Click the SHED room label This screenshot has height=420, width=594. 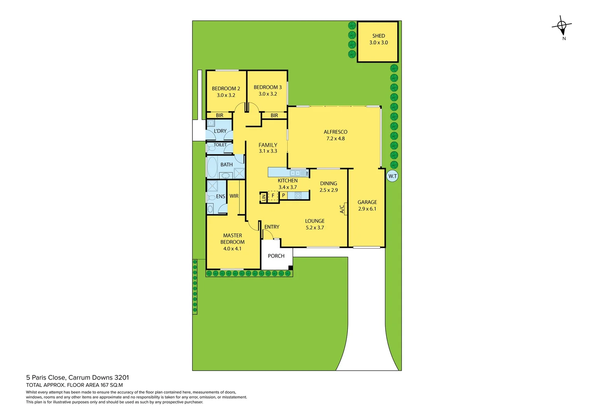(x=378, y=36)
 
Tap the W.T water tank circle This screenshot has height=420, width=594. (x=393, y=176)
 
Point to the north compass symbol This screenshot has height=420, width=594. (x=562, y=26)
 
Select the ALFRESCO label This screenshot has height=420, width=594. (x=335, y=132)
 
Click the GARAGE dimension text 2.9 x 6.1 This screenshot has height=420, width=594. (x=367, y=209)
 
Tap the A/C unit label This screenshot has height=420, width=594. (x=342, y=209)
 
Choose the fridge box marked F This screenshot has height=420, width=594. (x=273, y=196)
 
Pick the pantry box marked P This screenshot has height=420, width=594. (x=283, y=196)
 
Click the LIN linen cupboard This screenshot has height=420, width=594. (x=264, y=197)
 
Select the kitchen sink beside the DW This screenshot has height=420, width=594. (x=297, y=173)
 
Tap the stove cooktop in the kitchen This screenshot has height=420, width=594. (x=298, y=196)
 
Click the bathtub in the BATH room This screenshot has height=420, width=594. (x=212, y=168)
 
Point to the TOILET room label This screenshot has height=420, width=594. (x=220, y=145)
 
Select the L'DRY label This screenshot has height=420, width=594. (x=220, y=131)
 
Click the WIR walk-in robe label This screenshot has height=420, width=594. (x=234, y=196)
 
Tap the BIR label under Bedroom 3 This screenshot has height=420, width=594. (x=274, y=115)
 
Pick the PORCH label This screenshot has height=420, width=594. (x=276, y=256)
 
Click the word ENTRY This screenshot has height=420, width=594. (x=272, y=227)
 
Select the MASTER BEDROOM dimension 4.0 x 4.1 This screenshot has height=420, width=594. (x=232, y=248)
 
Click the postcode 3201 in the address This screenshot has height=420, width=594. (x=121, y=377)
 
